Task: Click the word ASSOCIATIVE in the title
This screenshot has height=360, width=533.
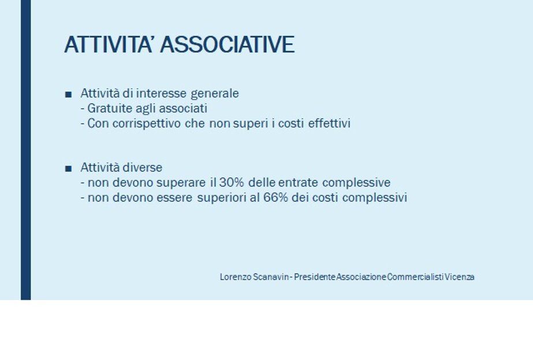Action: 228,44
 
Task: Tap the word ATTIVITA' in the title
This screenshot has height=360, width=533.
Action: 108,44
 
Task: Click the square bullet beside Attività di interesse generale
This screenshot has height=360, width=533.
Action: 68,94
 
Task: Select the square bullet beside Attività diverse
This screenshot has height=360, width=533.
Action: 68,168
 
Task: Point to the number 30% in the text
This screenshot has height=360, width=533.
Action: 232,183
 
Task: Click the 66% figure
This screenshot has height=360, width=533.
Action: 275,198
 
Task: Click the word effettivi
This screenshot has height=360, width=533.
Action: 329,123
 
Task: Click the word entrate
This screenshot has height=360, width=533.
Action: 298,183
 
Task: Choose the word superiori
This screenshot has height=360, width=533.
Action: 221,198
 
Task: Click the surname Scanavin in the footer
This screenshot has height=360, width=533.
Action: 271,277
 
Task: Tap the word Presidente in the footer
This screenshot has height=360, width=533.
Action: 314,277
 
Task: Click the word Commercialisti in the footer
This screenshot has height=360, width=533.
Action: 415,277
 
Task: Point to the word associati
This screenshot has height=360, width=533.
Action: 183,108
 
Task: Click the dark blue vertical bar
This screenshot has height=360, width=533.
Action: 26,150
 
